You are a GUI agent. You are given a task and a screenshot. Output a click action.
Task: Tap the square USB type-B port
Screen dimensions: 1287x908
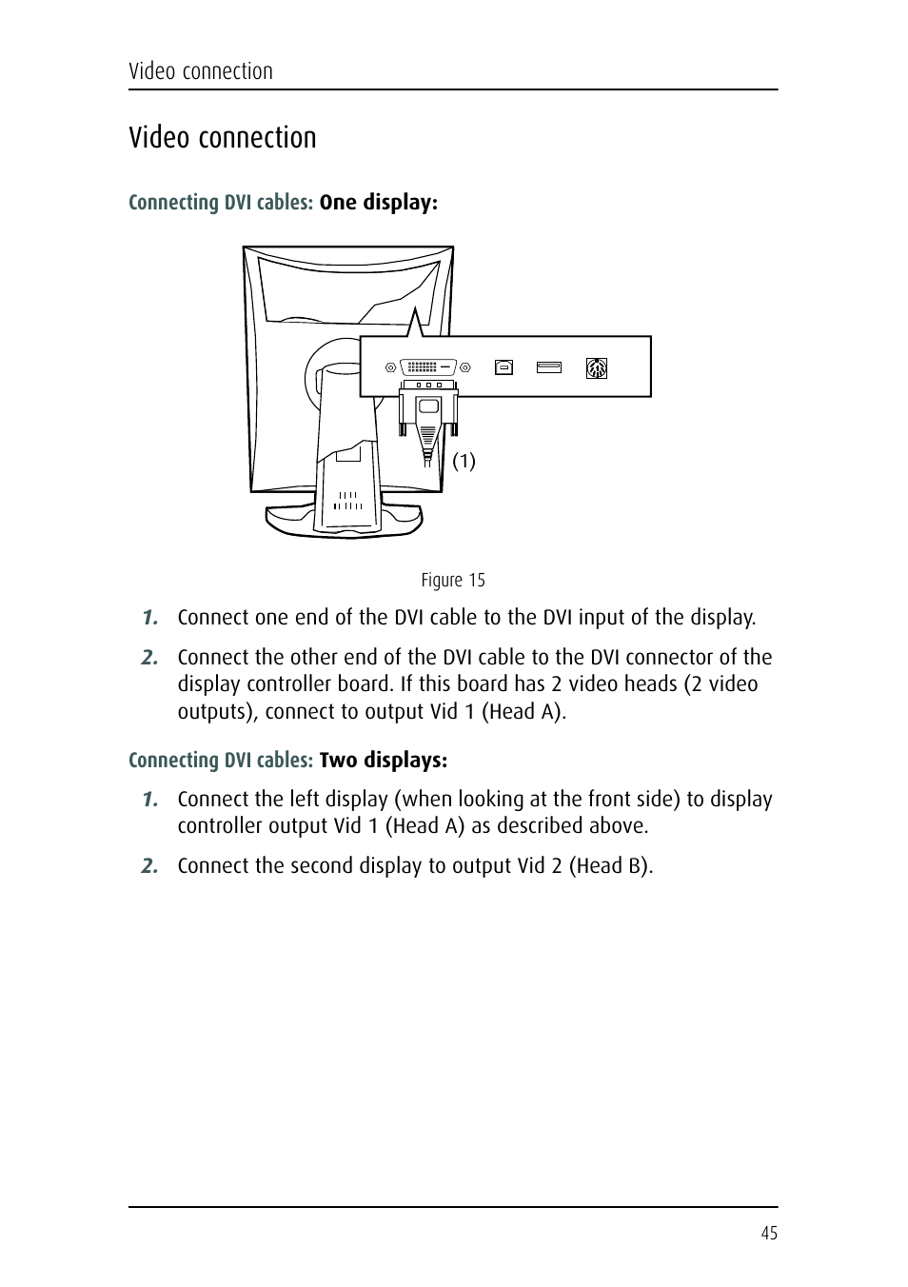coord(503,366)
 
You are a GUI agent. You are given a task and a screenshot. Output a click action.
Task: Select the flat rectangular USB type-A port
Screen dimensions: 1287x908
coord(549,366)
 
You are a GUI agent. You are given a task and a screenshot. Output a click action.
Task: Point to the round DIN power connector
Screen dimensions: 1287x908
coord(597,367)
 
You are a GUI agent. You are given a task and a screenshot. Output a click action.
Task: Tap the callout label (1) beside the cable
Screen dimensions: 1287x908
coord(464,461)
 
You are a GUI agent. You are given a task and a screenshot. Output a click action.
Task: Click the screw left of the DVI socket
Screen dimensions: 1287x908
coord(390,366)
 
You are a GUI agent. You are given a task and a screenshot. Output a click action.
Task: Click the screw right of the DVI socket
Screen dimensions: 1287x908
coord(466,366)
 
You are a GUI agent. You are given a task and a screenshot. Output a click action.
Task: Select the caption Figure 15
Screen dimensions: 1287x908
coord(453,580)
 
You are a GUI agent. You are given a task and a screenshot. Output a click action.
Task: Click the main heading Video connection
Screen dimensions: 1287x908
coord(223,138)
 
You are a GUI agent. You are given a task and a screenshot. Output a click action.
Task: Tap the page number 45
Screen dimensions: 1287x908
coord(769,1233)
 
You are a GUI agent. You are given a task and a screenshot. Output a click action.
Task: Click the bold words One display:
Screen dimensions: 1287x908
coord(378,202)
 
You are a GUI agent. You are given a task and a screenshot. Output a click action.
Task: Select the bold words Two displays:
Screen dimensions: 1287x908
coord(383,760)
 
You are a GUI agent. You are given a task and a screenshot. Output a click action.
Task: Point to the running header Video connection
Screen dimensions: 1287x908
coord(201,71)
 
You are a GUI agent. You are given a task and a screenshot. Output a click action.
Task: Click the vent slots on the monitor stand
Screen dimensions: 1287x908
coord(348,501)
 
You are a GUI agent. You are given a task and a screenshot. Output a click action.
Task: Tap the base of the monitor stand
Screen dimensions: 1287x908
coord(343,525)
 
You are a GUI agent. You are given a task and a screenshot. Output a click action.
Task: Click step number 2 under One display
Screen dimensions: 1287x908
coord(149,657)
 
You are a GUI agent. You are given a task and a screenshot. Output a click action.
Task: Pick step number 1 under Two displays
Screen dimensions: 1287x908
coord(149,799)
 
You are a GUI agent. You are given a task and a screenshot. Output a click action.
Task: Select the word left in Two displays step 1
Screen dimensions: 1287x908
coord(305,799)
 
